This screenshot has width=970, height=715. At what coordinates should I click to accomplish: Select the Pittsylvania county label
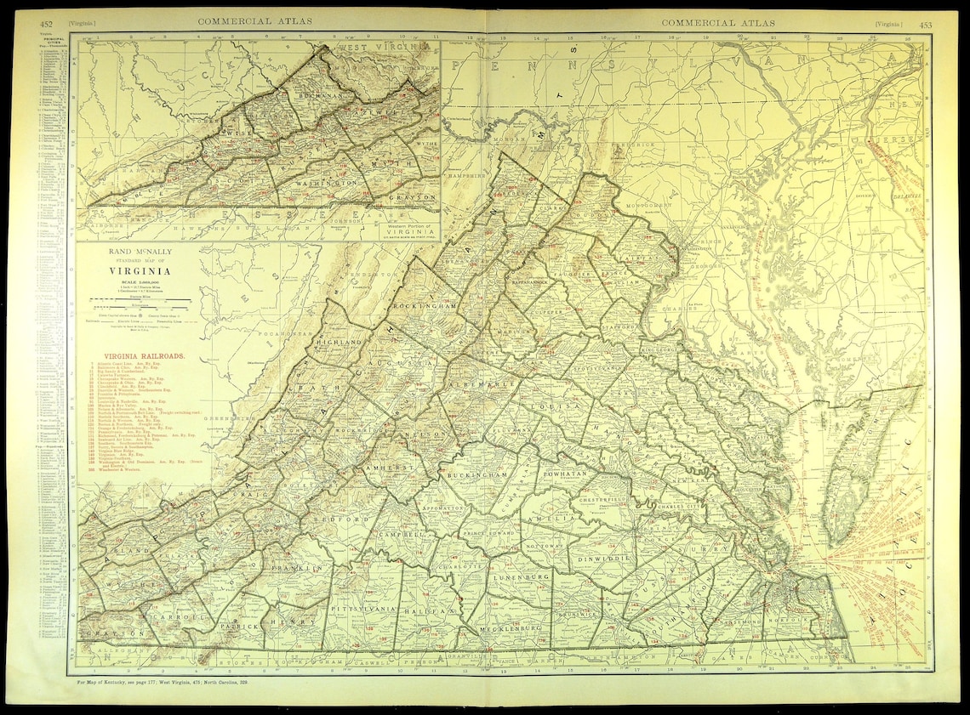coord(362,610)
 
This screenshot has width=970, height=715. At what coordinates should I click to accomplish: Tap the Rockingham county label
coord(426,304)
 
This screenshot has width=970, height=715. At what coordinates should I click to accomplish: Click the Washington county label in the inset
coord(326,184)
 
